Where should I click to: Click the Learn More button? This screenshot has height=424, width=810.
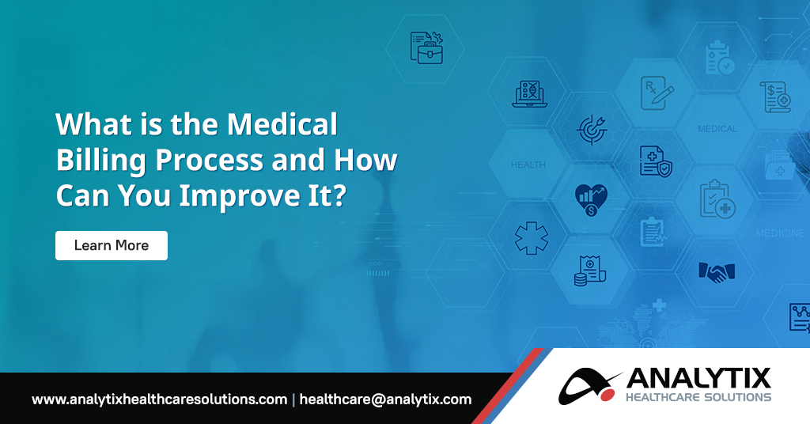(x=112, y=245)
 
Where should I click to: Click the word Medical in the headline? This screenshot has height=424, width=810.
(x=282, y=125)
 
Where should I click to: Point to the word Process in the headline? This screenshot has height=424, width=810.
(x=209, y=160)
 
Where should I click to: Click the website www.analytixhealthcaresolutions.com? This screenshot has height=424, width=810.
(x=159, y=399)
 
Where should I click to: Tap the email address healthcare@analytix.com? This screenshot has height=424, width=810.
(x=386, y=399)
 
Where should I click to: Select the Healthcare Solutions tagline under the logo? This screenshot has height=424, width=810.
(x=697, y=396)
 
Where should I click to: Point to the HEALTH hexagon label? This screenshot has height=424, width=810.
(x=528, y=165)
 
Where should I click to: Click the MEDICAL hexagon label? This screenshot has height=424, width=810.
(x=717, y=128)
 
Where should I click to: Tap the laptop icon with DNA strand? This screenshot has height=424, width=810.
(x=530, y=93)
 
